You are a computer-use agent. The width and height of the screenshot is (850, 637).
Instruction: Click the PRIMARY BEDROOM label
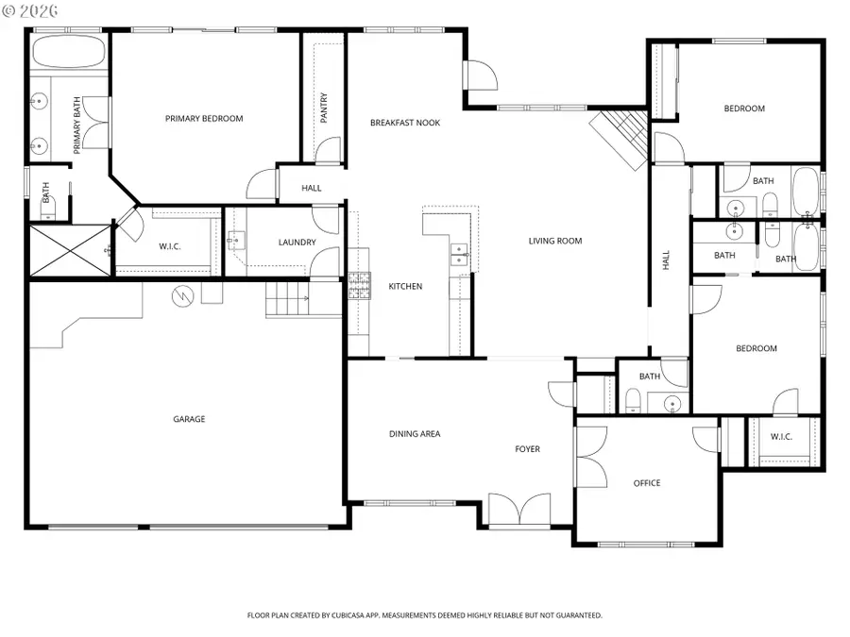(204, 119)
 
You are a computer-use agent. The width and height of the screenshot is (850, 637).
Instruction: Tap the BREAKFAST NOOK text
(404, 123)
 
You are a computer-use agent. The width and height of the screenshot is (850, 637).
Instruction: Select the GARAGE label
(189, 419)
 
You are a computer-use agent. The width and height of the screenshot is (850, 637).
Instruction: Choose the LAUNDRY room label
(297, 243)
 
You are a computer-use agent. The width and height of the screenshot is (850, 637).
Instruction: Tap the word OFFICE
(647, 483)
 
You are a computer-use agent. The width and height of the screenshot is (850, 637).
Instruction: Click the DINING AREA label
(415, 434)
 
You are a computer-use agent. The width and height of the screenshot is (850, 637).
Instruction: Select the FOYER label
(527, 449)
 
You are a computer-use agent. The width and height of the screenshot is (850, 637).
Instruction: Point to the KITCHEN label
(405, 286)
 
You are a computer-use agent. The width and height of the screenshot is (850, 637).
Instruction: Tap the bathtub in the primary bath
(68, 51)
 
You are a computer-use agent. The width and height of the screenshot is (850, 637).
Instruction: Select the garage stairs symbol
(288, 301)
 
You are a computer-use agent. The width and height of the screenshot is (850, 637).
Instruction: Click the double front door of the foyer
(519, 510)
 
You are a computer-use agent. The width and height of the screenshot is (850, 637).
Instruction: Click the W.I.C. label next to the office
(781, 436)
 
